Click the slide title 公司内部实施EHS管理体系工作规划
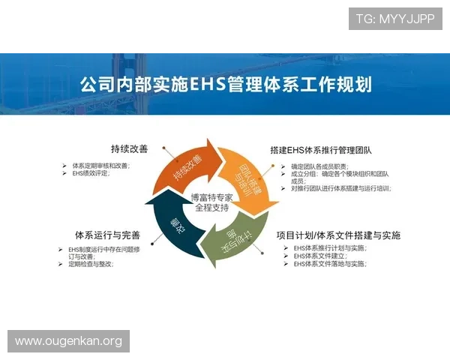[x=225, y=82]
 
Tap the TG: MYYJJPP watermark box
[x=394, y=18]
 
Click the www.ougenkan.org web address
[x=68, y=341]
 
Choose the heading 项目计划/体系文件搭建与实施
[x=337, y=235]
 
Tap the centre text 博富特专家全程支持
[x=214, y=201]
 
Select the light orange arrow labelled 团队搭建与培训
[x=250, y=178]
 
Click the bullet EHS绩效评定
[x=90, y=173]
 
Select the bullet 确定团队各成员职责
[x=319, y=166]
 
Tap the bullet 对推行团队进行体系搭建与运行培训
[x=340, y=188]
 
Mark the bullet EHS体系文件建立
[x=318, y=256]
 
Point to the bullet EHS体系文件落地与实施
[x=329, y=264]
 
